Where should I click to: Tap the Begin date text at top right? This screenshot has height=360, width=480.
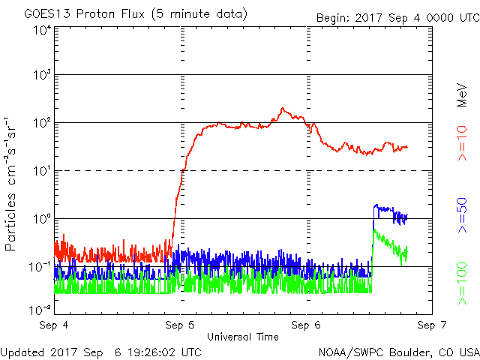pos(398,18)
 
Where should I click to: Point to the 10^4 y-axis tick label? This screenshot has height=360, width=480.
pos(42,31)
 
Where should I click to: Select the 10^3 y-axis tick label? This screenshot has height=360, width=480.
pos(42,74)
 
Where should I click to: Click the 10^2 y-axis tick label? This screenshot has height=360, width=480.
pos(42,122)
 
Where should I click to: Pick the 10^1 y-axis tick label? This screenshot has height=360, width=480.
pos(42,170)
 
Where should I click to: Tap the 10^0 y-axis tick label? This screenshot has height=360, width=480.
pos(42,218)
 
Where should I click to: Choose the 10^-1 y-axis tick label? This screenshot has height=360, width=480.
pos(40,267)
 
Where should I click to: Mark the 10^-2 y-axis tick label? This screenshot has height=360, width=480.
pos(40,310)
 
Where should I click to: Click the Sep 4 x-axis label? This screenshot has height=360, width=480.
pos(54,325)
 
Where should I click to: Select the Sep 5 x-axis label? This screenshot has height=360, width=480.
pos(180,325)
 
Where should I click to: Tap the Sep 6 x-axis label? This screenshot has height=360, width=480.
pos(306,325)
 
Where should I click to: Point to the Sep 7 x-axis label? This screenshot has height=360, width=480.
pos(432,325)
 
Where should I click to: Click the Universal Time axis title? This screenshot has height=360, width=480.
pos(243,337)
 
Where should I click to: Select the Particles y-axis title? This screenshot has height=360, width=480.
pos(10,184)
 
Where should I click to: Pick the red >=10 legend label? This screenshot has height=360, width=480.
pos(463,143)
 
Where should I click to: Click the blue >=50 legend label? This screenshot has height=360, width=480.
pos(463,215)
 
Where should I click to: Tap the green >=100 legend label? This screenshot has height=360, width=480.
pos(463,283)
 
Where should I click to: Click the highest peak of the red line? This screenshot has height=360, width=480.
pos(282,108)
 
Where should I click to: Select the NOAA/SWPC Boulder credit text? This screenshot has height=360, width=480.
pos(399,352)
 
